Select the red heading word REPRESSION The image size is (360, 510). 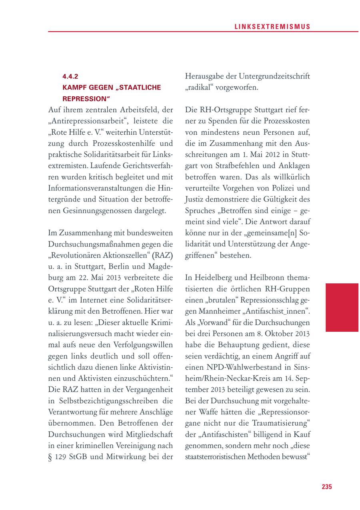point(86,98)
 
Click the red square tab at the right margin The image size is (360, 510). point(342,307)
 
